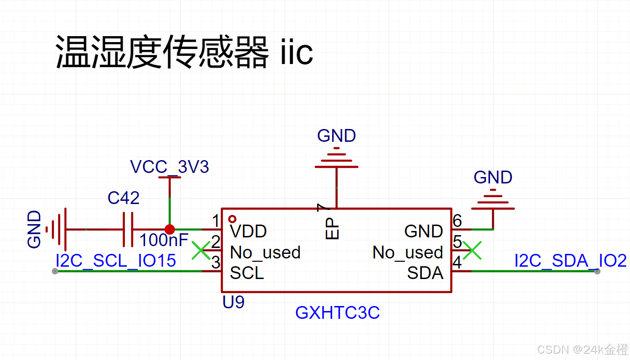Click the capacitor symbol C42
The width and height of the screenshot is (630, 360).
point(128,229)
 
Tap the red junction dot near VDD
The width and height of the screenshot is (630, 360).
point(170,229)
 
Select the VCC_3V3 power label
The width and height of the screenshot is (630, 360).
point(170,167)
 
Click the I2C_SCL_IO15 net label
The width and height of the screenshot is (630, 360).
point(116,261)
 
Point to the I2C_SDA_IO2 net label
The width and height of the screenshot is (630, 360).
point(570,261)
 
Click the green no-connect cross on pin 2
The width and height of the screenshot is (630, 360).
point(200,250)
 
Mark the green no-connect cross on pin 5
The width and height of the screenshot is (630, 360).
point(472,250)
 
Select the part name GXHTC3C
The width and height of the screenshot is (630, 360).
point(338,313)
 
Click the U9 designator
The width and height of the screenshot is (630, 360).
point(233,302)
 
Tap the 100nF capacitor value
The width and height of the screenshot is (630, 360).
point(164,240)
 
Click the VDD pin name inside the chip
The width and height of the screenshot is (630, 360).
point(248,231)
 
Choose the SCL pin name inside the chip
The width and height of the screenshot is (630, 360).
point(247,273)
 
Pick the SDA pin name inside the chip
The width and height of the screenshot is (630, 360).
point(425,273)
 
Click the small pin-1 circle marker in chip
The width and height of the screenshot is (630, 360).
point(232,219)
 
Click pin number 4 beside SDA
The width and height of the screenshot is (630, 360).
point(457,263)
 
